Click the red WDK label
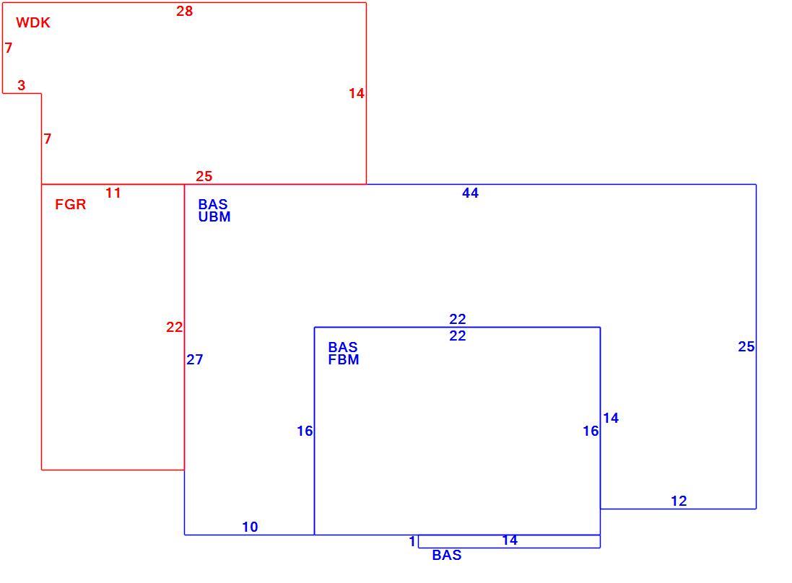coord(32,22)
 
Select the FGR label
coord(70,204)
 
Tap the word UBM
coord(214,217)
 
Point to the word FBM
coord(344,360)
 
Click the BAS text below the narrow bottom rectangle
coord(446,556)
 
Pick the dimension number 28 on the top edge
coord(184,11)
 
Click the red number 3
coord(21,85)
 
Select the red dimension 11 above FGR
coord(113,193)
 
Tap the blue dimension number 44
coord(470,193)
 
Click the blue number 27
coord(194,359)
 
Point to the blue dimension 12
coord(679,501)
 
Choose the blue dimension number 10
coord(250,527)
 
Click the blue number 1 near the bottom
coord(412,542)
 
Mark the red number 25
coord(204,176)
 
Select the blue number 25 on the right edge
coord(746,347)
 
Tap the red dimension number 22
coord(174,327)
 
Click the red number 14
coord(357,93)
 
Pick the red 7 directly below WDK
coord(9,48)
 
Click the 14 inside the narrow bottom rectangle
coord(510,540)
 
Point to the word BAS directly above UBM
coord(213,204)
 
